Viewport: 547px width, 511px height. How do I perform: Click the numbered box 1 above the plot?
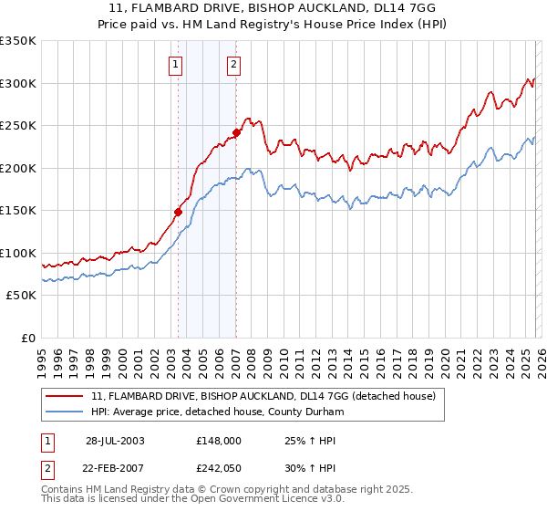tap(173, 64)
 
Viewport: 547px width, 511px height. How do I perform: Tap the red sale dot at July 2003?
tap(179, 212)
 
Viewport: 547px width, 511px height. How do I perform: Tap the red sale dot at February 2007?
tap(236, 132)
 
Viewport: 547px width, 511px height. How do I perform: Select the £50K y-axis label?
tap(21, 296)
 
